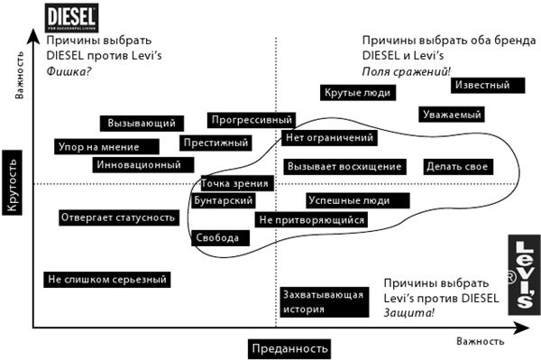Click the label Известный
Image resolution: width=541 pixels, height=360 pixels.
point(487,85)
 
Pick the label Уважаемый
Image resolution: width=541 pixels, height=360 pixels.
point(451,115)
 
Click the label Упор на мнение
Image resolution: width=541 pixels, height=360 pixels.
point(98,146)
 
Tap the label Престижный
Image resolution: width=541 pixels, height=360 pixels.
point(215,143)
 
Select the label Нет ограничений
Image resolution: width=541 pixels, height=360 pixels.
point(328,138)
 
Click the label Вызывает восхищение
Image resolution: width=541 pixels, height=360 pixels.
point(344,167)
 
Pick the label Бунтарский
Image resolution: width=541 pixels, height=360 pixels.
point(223,199)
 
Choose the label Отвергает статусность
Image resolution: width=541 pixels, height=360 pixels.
point(116,217)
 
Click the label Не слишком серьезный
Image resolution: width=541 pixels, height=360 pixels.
point(106,280)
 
